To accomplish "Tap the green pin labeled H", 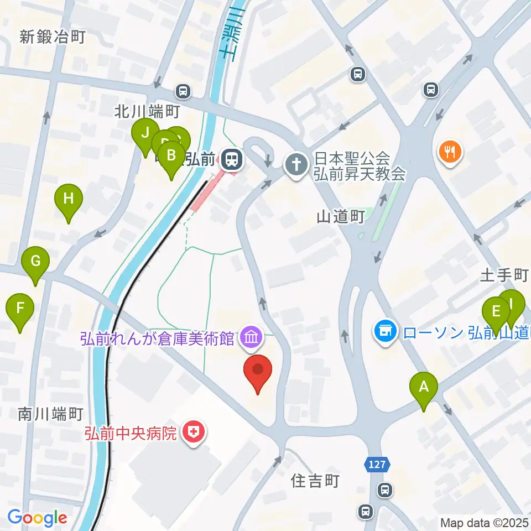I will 68,199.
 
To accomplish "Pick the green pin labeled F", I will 20,308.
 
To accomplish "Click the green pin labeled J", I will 145,133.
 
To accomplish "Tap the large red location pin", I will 258,370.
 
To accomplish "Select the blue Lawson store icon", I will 385,332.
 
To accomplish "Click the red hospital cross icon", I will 194,432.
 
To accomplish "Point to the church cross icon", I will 295,164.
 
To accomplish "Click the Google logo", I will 37,518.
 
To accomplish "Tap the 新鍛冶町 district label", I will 53,38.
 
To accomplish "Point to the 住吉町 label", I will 314,481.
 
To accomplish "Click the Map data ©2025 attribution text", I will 485,522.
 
